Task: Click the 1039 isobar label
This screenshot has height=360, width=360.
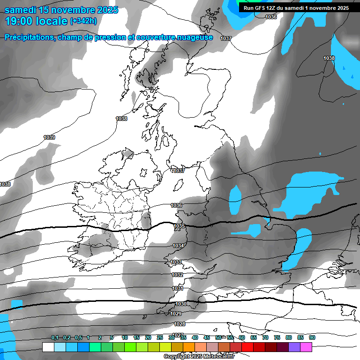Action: pyautogui.click(x=49, y=137)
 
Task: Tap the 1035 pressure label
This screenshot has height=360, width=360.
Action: pyautogui.click(x=179, y=226)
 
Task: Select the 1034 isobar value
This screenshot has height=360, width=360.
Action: pyautogui.click(x=178, y=246)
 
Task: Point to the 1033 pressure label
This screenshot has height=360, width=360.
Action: pyautogui.click(x=176, y=262)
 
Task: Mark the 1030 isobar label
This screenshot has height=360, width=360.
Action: pyautogui.click(x=181, y=304)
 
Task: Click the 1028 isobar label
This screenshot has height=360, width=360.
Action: pyautogui.click(x=180, y=324)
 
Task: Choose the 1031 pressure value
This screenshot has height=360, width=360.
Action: pyautogui.click(x=178, y=289)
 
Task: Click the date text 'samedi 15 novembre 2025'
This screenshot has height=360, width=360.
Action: pyautogui.click(x=61, y=10)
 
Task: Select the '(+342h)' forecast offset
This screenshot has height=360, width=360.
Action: pyautogui.click(x=83, y=21)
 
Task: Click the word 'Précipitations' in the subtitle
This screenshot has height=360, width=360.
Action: pyautogui.click(x=29, y=37)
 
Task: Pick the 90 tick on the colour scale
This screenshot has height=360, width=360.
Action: pyautogui.click(x=312, y=337)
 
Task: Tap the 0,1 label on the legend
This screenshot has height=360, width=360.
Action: pyautogui.click(x=55, y=337)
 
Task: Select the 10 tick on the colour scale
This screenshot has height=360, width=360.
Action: pyautogui.click(x=125, y=337)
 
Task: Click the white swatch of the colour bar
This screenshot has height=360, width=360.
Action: pyautogui.click(x=48, y=347)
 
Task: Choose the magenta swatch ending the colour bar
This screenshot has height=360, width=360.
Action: pyautogui.click(x=306, y=347)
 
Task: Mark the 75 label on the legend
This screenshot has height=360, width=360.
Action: pyautogui.click(x=277, y=337)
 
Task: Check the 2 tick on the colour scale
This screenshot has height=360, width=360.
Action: pyautogui.click(x=100, y=337)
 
